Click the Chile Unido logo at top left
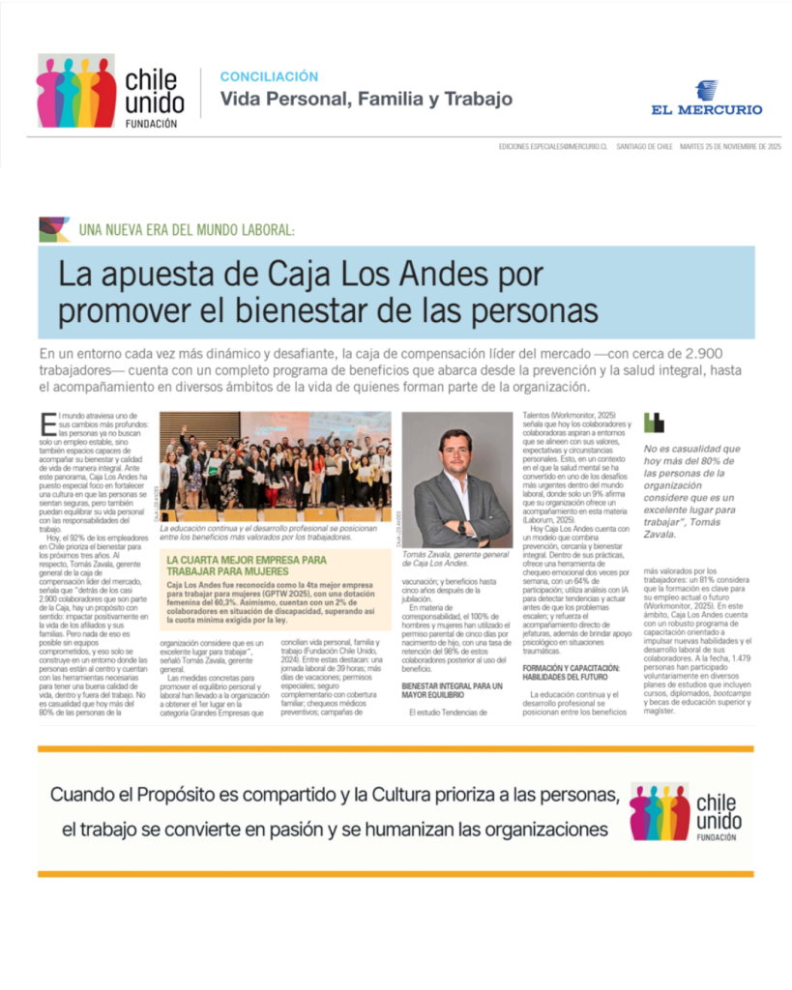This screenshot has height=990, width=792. pyautogui.click(x=109, y=92)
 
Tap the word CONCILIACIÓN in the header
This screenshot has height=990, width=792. pyautogui.click(x=269, y=76)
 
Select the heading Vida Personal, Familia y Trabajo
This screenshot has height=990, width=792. pyautogui.click(x=366, y=99)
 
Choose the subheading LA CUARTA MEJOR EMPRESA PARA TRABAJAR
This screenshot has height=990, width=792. pyautogui.click(x=248, y=566)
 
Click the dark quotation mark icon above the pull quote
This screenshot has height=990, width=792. pyautogui.click(x=655, y=422)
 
